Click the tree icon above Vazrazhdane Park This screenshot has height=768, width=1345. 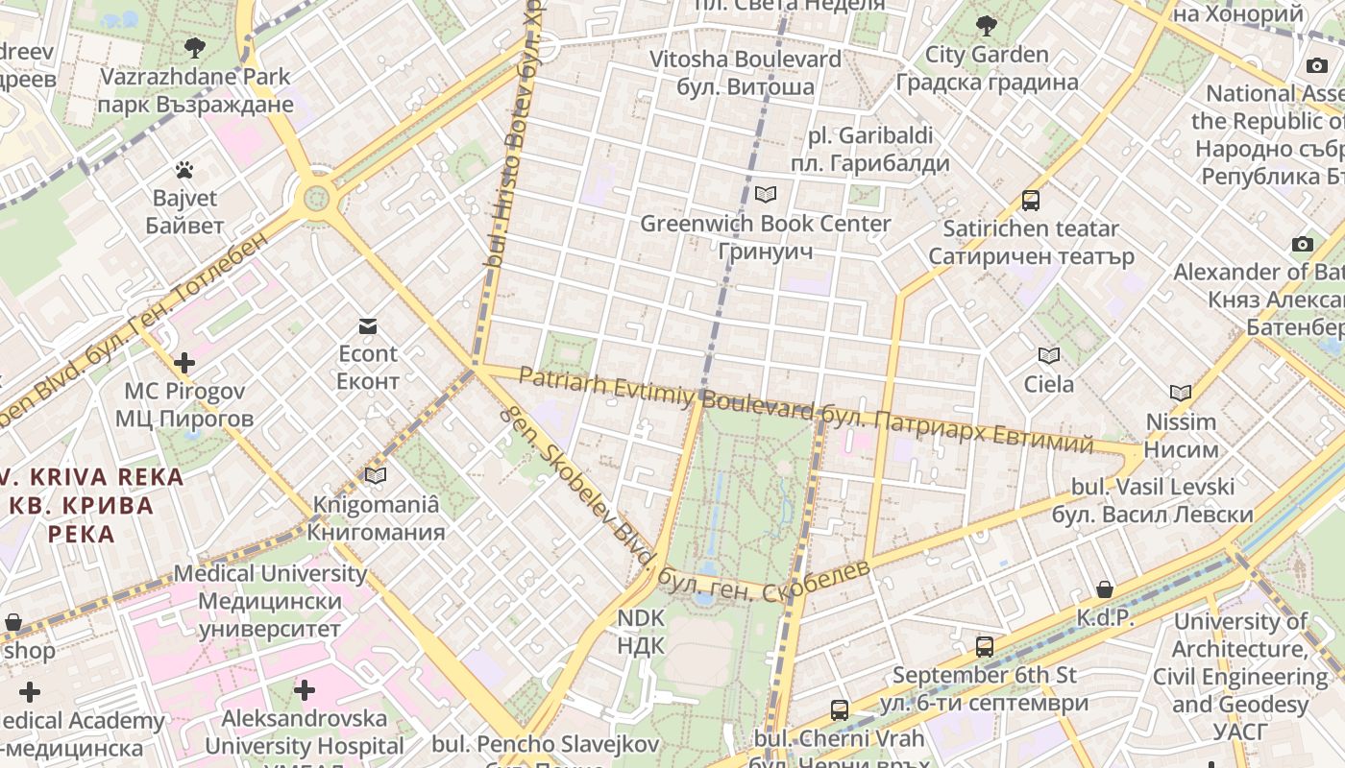point(195,47)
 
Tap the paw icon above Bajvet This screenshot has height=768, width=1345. point(184,171)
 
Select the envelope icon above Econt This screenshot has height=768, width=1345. point(368,325)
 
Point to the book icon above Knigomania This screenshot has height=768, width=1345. point(376,475)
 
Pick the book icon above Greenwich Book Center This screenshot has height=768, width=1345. point(766,195)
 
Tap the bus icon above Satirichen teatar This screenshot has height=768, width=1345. point(1031,201)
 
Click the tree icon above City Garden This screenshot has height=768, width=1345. point(986,26)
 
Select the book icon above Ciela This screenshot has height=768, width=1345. point(1049,356)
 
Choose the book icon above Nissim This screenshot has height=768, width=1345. point(1181,393)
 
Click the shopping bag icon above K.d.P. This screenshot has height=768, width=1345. point(1105,589)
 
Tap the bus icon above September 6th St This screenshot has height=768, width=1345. point(985,646)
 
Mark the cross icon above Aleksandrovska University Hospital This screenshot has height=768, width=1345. point(305,690)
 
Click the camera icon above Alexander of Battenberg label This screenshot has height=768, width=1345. point(1303,244)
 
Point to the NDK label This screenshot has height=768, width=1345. point(641,631)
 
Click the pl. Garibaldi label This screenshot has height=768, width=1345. point(869,150)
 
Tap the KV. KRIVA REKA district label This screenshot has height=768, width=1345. point(92,505)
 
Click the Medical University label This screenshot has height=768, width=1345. point(270,601)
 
